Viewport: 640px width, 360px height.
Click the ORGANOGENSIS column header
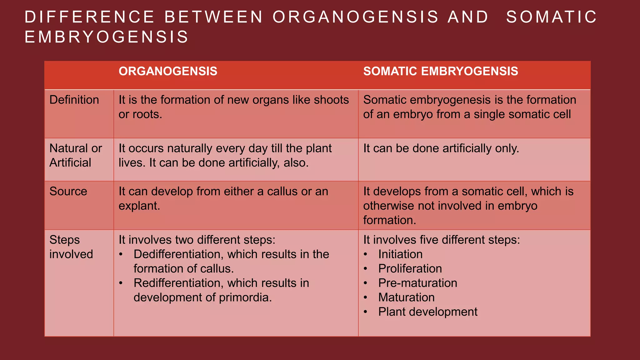point(168,71)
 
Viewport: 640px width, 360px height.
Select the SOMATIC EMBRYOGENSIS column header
point(440,71)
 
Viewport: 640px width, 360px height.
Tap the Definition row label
point(74,100)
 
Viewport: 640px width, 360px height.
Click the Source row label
point(68,191)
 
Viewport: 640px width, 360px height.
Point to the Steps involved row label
point(71,247)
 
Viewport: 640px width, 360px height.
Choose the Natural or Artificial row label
point(75,155)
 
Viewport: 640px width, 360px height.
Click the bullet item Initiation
point(400,254)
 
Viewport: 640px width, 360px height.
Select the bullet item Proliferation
point(410,268)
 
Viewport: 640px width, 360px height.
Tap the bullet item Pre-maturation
point(417,283)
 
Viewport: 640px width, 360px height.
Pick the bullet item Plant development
point(427,312)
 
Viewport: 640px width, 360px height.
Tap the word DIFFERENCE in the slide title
point(89,17)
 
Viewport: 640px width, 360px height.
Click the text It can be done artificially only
point(441,148)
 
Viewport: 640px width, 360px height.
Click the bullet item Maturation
point(406,297)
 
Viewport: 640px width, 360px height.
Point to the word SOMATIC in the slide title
point(551,17)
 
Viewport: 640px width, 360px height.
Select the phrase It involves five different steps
point(441,240)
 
